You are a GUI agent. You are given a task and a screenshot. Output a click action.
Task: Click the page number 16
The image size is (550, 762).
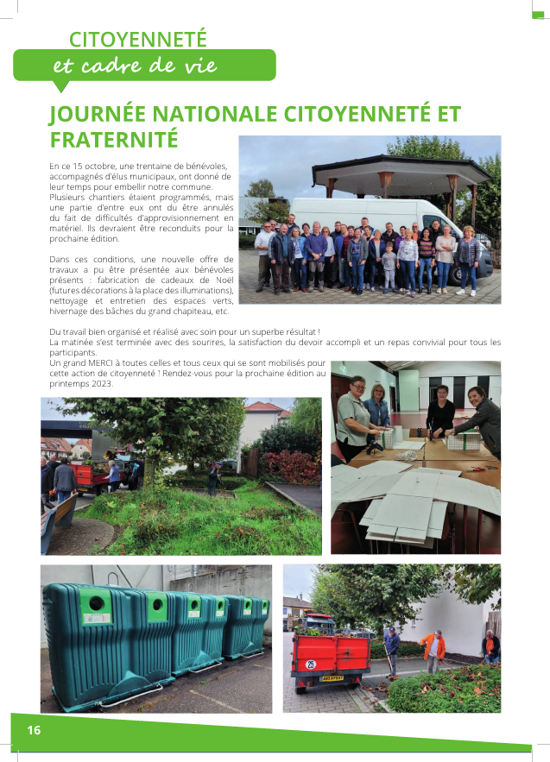coord(34,730)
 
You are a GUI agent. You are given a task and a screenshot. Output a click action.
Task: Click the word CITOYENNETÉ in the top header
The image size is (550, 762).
coord(138,40)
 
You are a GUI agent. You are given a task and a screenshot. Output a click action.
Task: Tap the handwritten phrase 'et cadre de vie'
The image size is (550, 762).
coord(135,66)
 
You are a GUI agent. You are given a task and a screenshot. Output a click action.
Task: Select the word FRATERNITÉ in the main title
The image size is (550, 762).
coord(114,139)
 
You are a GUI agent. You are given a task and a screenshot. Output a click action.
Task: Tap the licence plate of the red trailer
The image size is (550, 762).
coord(332,678)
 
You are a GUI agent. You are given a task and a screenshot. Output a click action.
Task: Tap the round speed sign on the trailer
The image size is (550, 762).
coord(311,664)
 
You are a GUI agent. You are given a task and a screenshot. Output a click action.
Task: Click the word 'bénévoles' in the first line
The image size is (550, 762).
coord(206,165)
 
